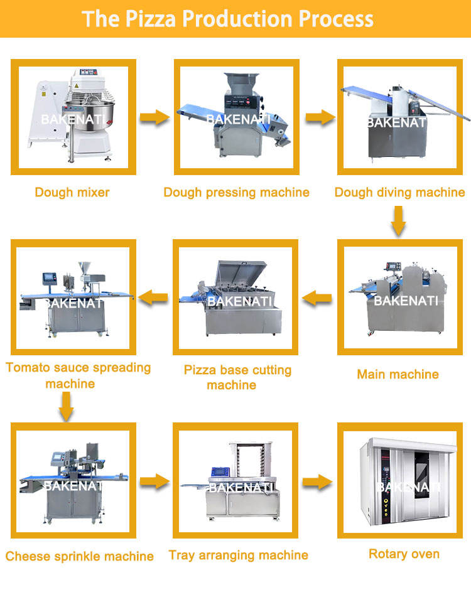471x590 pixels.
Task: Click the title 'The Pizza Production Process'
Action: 228,18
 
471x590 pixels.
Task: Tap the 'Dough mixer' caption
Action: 72,192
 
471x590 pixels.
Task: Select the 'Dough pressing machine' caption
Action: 236,192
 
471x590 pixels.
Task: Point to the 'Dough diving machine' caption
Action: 399,192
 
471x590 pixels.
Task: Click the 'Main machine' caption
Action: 398,374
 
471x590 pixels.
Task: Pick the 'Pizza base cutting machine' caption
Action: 237,377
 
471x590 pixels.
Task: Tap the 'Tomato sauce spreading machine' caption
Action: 78,375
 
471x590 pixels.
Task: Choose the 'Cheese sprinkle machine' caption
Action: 80,556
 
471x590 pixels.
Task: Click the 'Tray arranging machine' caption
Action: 238,555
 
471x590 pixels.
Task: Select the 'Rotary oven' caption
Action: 404,554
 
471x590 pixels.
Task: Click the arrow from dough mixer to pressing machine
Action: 154,117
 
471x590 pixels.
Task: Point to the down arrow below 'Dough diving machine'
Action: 397,221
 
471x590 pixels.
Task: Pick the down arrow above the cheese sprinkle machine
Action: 67,407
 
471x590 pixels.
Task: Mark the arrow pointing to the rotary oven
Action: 317,482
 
